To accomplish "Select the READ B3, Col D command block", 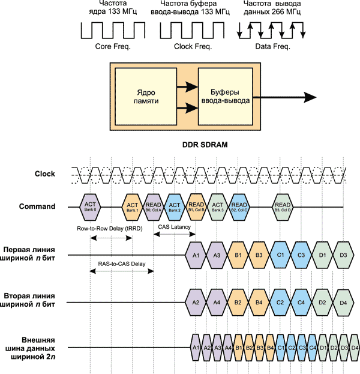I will pos(284,207).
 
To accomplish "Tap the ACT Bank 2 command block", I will pos(175,207).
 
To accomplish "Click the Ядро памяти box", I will pos(143,97).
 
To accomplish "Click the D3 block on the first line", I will pos(343,255).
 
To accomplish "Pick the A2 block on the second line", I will pos(196,302).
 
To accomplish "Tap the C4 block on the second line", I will pos(301,302).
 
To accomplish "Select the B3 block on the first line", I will pos(259,255).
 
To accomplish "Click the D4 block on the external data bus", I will pos(354,347).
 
